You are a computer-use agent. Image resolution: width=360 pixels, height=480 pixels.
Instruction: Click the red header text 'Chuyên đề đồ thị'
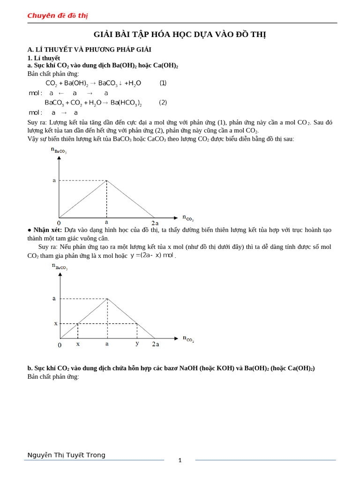[57, 15]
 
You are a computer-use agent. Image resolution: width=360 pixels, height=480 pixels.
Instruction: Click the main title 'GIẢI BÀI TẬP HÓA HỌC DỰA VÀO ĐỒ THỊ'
[180, 35]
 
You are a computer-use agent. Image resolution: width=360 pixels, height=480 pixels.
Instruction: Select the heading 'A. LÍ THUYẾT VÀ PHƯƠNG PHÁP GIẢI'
[89, 49]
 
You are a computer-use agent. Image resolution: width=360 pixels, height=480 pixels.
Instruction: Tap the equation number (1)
[163, 83]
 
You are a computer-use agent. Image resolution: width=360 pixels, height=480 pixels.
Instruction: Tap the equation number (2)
[163, 102]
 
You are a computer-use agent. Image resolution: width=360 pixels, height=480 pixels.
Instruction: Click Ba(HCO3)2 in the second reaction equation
[126, 103]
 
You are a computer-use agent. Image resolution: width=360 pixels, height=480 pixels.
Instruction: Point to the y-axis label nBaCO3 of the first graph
[59, 150]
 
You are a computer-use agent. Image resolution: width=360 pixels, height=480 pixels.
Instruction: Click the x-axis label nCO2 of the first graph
[187, 217]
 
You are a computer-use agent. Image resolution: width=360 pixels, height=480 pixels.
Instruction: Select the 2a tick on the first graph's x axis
[155, 223]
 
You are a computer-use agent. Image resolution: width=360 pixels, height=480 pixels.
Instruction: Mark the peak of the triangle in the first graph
[106, 180]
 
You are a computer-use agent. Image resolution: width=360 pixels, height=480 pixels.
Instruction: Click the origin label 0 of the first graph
[59, 223]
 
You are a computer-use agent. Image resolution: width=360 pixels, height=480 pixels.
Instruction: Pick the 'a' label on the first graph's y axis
[54, 180]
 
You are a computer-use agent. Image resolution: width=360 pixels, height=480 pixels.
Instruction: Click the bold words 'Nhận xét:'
[47, 230]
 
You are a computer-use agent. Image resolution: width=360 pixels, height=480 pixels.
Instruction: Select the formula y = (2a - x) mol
[151, 255]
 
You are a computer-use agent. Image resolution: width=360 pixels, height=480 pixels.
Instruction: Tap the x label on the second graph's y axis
[56, 323]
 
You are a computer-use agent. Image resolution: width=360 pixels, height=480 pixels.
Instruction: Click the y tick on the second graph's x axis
[137, 343]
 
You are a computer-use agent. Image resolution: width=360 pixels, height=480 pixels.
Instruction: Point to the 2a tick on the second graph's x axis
[155, 344]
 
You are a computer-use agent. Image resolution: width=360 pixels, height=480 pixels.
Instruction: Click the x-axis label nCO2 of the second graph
[188, 338]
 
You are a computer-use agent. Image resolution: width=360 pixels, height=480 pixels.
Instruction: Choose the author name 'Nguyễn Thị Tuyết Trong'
[66, 455]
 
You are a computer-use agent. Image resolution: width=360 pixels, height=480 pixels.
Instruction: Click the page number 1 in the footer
[180, 460]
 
